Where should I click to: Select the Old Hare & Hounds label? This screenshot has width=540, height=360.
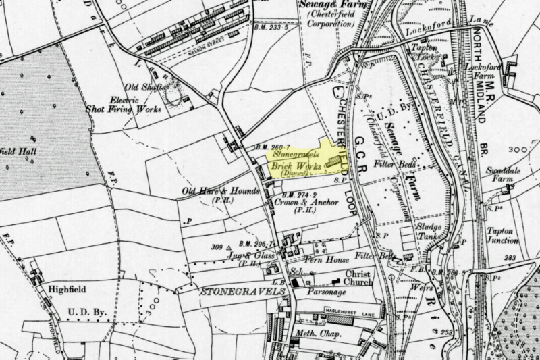[221, 191]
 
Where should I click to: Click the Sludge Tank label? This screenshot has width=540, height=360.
[428, 232]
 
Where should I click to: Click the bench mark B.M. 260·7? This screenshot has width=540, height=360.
[273, 147]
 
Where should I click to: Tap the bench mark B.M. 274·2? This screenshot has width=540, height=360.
[300, 194]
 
